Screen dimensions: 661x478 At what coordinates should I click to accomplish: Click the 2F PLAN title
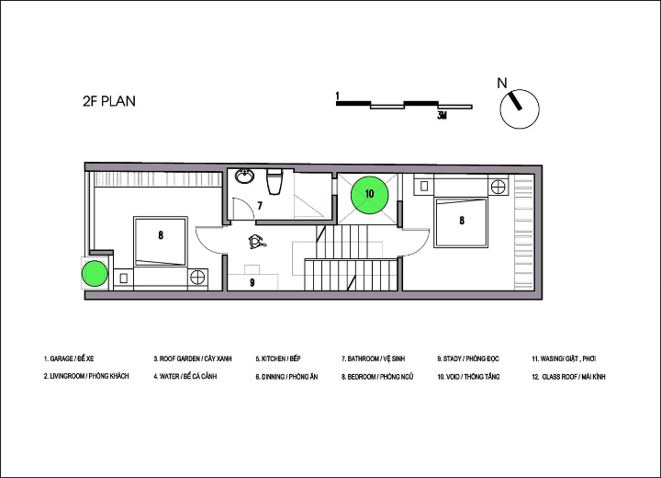pos(109,101)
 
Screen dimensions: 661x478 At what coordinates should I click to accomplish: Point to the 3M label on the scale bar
pos(443,116)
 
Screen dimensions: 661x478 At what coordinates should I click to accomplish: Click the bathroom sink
pos(244,176)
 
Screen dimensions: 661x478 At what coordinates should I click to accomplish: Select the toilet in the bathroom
pos(274,182)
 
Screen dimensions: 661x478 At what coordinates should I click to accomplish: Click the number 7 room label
pos(260,206)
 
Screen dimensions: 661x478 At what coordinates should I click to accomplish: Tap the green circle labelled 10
pos(370,195)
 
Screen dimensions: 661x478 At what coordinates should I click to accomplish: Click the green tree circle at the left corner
pos(95,274)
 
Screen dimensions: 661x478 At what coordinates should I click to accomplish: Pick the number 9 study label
pos(252,282)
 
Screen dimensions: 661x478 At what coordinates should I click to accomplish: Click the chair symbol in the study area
pos(256,242)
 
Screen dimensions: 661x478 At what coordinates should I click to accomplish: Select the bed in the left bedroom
pos(161,242)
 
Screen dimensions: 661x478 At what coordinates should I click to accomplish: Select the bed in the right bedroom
pos(462,222)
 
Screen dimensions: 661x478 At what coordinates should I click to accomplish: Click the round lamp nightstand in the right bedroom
pos(499,186)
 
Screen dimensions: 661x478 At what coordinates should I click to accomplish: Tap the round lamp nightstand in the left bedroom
pos(197,278)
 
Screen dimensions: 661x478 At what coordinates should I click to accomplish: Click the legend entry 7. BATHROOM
pos(373,358)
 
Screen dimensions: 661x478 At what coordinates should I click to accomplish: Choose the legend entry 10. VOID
pos(468,377)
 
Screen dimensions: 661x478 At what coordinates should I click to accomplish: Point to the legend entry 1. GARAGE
pos(69,358)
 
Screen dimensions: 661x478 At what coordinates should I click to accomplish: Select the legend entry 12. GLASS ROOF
pos(568,377)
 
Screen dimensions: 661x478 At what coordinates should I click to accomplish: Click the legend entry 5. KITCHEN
pos(278,358)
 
